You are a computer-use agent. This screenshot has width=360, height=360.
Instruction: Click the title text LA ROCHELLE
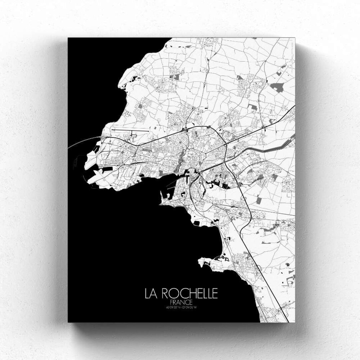(181, 293)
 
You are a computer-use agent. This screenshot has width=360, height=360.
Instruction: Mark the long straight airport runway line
(127, 130)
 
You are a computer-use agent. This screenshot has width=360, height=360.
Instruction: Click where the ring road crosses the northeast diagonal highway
(226, 144)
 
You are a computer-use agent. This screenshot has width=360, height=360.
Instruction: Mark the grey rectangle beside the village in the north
(176, 77)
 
